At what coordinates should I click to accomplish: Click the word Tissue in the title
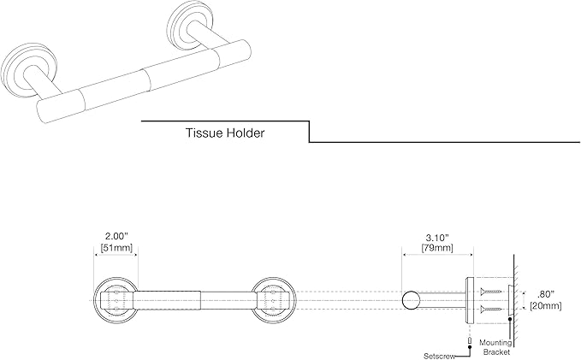pos(205,133)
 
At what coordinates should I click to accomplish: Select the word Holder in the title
pos(246,133)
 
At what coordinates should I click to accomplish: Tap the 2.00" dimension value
pos(116,236)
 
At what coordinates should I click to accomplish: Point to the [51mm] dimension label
pos(116,247)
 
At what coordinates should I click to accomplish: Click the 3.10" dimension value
pos(437,237)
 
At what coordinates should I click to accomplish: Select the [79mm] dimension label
pos(437,247)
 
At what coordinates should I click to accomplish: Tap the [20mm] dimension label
pos(545,306)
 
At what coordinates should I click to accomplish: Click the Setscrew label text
pos(439,356)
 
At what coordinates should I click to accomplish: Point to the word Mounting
pos(495,343)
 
